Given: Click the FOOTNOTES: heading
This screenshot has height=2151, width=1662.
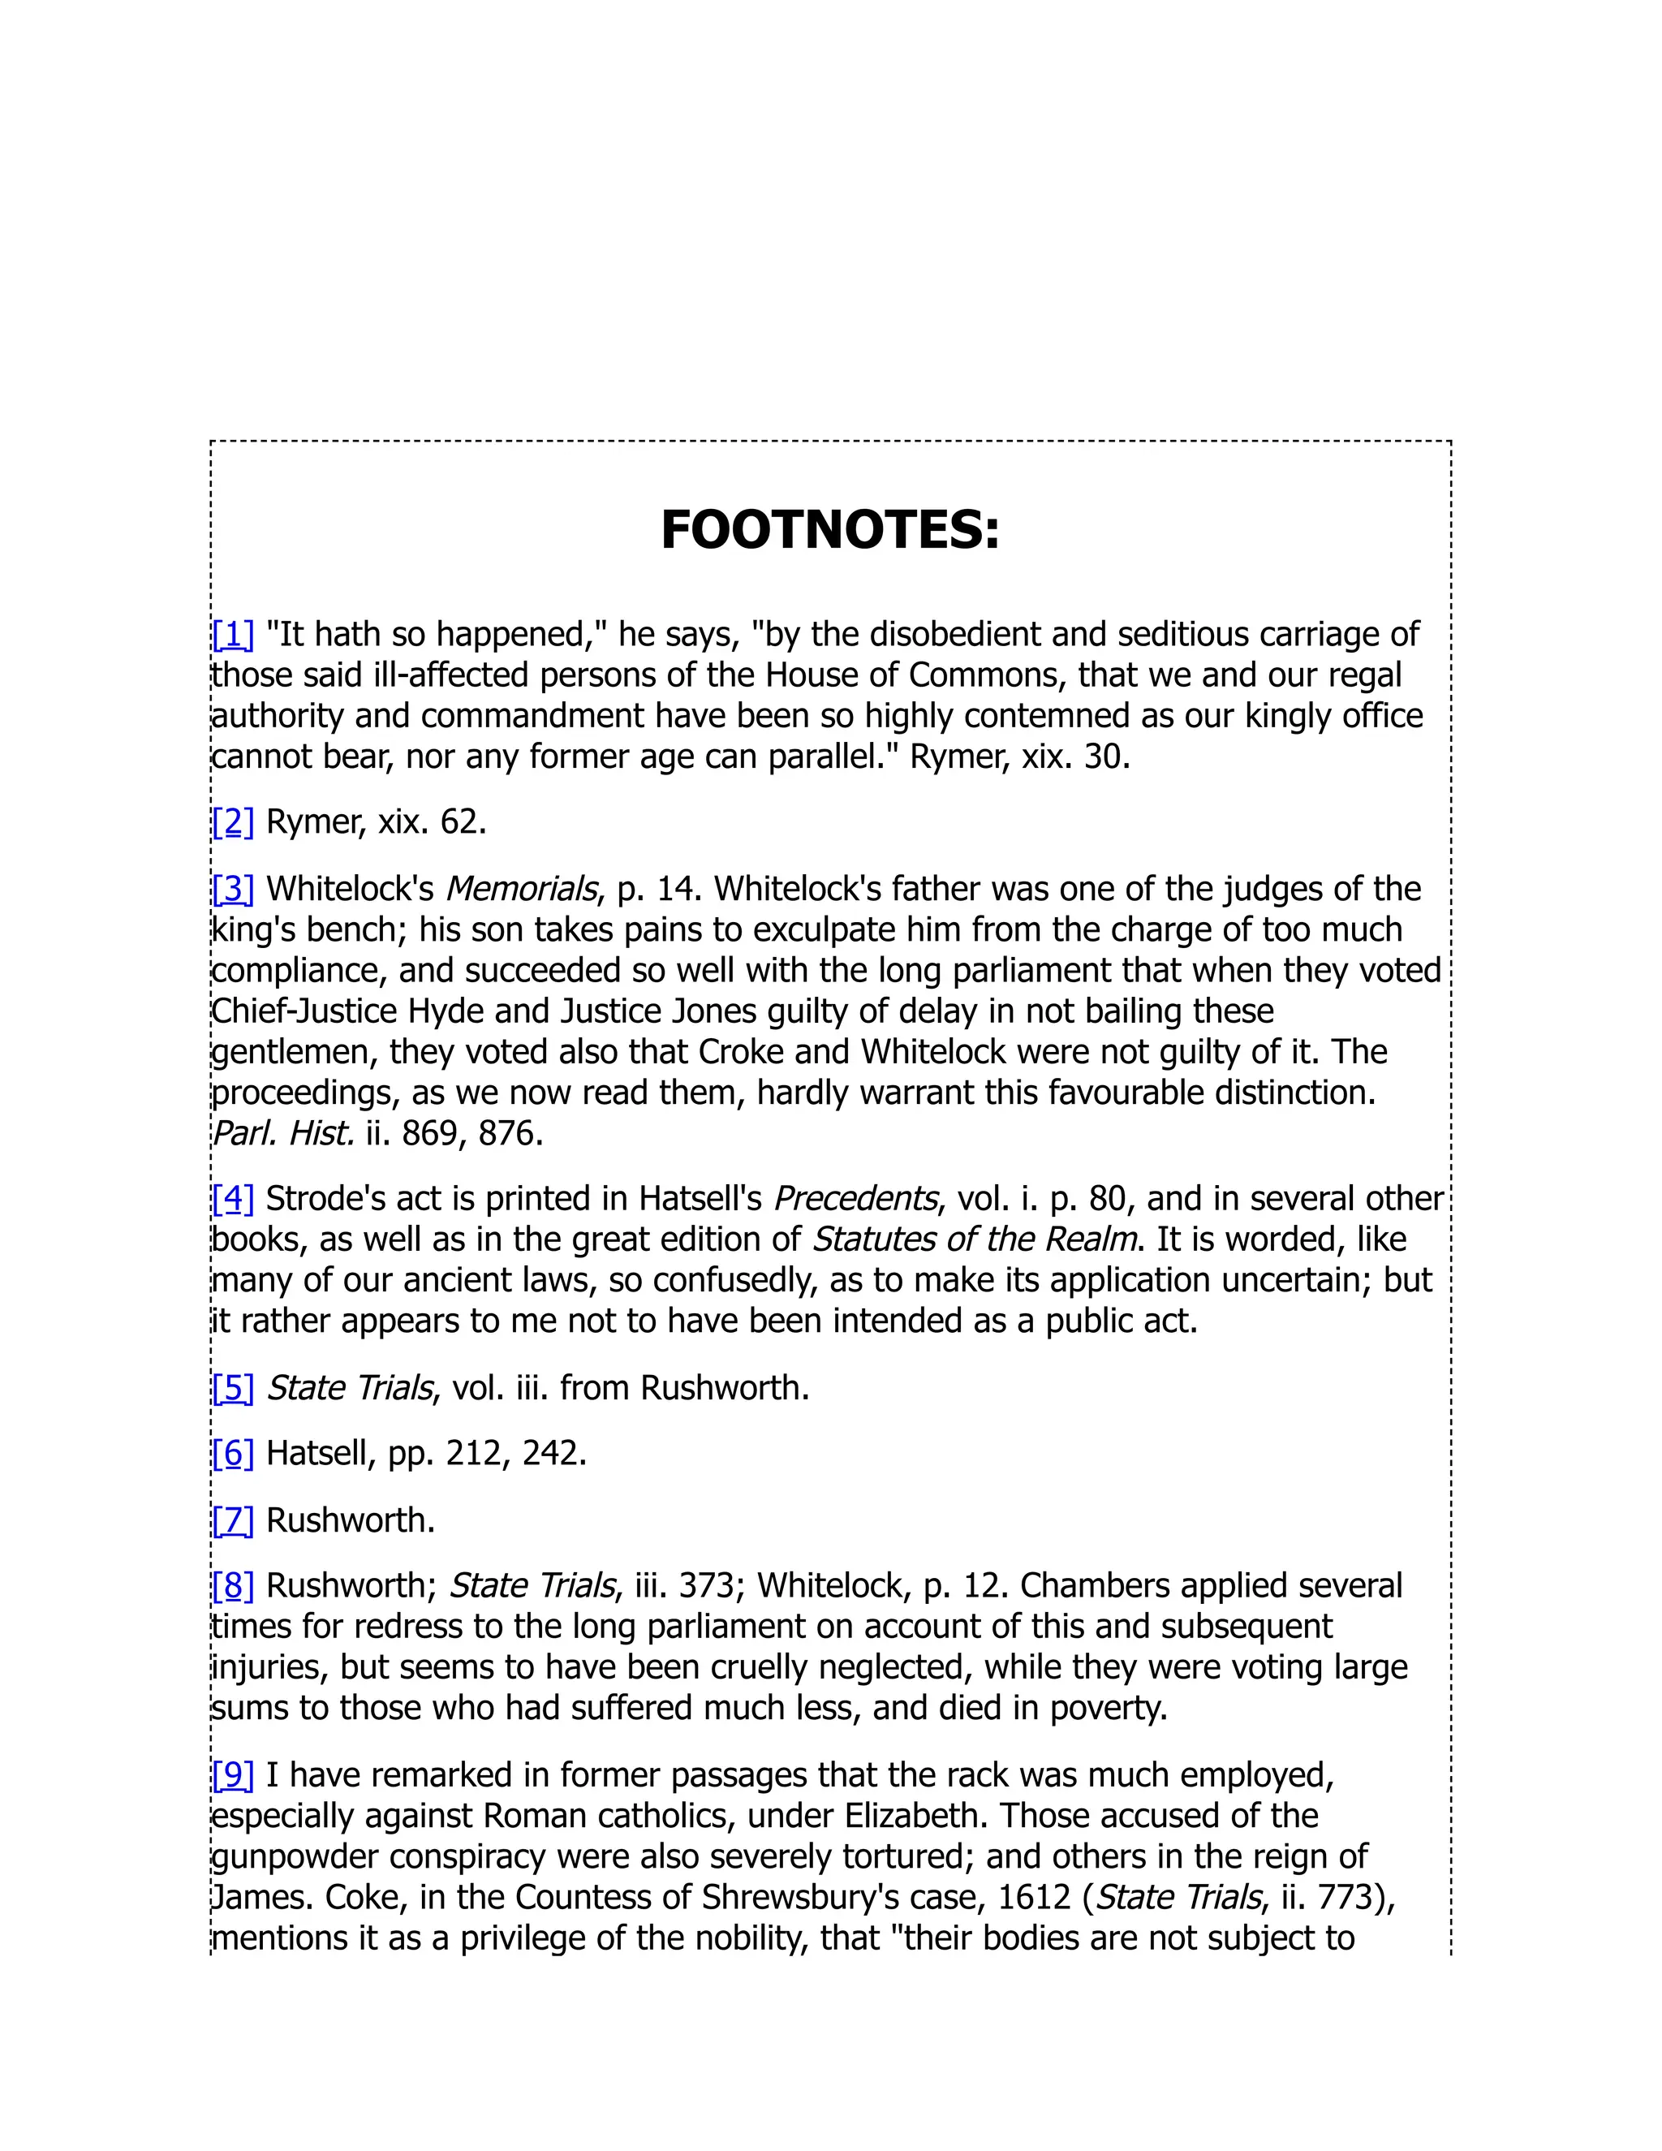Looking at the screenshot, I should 830,530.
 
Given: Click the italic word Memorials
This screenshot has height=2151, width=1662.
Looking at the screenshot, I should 522,888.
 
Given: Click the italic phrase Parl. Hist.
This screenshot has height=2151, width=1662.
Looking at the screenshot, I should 282,1134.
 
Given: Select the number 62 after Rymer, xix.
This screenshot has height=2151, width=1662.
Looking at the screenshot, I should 459,821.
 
